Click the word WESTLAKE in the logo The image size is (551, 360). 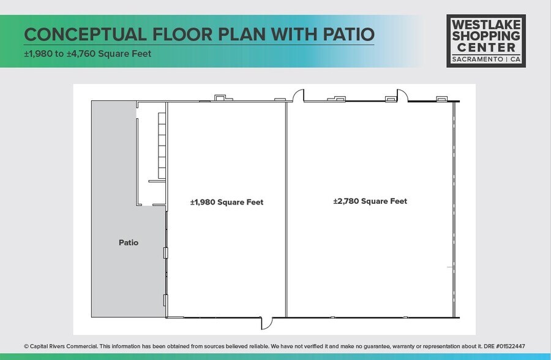pos(486,24)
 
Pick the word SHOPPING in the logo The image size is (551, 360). pos(486,36)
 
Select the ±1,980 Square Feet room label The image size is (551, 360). pos(227,202)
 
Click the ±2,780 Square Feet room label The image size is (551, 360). pos(370,201)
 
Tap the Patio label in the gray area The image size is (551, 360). pos(129,242)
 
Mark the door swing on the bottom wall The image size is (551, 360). pos(268,323)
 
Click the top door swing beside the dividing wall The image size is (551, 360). pos(298,96)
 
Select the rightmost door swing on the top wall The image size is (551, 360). pos(402,96)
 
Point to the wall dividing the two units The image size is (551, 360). pos(287,208)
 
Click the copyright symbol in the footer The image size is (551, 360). pos(26,347)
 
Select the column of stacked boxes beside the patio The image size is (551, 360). pos(162,142)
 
